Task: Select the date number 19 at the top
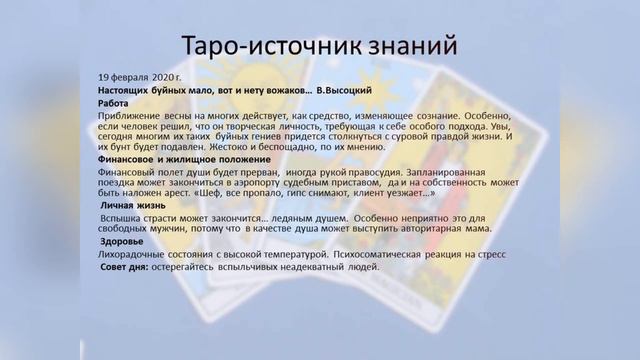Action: click(x=104, y=76)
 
